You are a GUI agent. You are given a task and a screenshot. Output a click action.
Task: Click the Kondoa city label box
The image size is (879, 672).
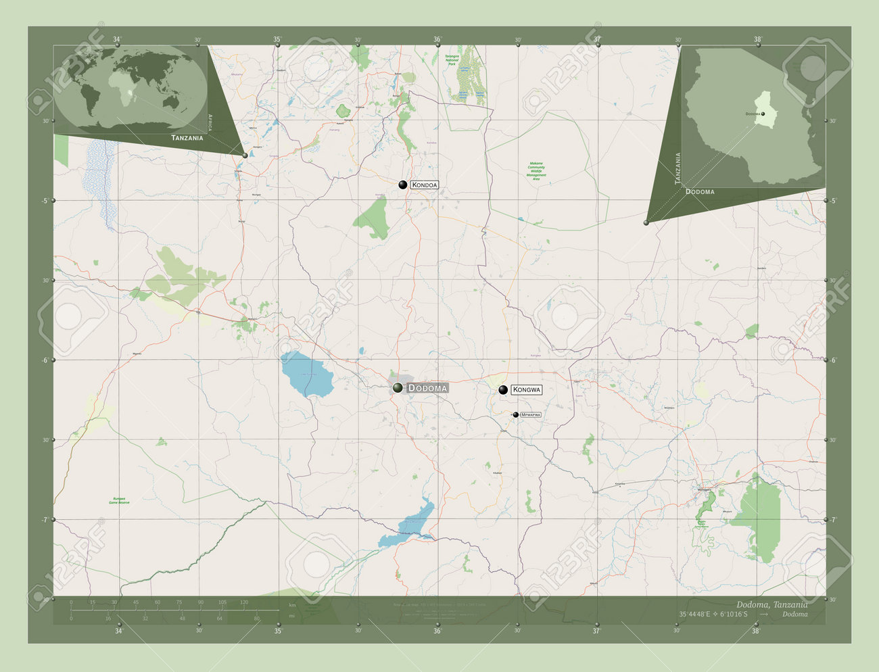tap(425, 185)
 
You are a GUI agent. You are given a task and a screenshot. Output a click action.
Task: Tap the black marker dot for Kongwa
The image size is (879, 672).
tap(503, 389)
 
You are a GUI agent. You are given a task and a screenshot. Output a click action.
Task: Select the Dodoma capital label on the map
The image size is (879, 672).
tap(428, 388)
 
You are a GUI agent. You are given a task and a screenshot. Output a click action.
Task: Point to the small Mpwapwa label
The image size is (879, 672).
tap(531, 414)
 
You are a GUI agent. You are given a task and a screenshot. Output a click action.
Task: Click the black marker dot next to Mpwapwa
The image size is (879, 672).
tap(516, 414)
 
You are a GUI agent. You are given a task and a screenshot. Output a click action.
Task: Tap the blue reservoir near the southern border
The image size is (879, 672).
tap(408, 523)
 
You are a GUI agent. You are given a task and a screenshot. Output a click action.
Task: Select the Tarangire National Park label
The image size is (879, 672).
tap(452, 60)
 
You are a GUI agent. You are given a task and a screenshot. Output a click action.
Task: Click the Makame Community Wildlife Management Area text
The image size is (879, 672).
tap(536, 170)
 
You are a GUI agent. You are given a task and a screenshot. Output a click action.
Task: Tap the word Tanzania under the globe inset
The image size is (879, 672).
tap(187, 138)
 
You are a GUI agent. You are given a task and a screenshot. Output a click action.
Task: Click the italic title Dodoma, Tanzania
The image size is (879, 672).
tap(770, 604)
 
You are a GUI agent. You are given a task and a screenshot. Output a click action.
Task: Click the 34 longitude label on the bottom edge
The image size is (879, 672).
tap(118, 631)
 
